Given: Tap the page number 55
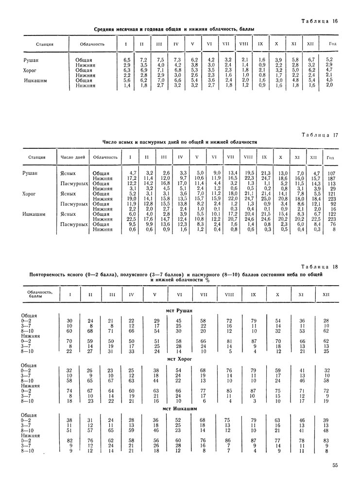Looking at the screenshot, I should (335, 465).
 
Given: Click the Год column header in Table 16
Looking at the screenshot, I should (333, 44).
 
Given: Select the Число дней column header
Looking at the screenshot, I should (73, 157).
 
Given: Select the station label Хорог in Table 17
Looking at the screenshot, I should (30, 193).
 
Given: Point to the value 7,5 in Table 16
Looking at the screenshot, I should (160, 59).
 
